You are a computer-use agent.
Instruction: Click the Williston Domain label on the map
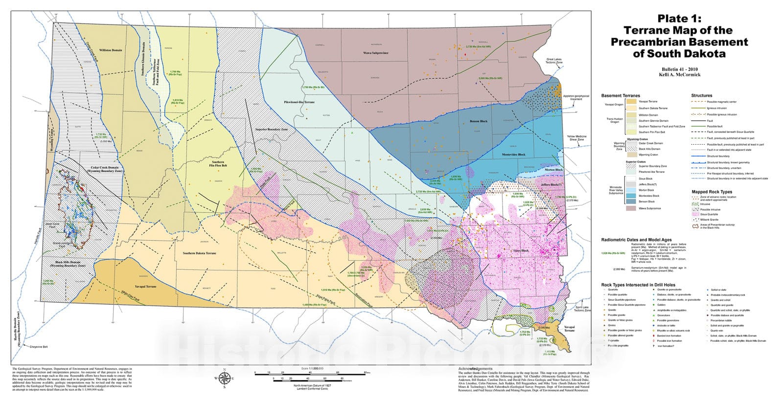[x=111, y=50]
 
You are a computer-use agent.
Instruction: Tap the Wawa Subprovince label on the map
[x=375, y=53]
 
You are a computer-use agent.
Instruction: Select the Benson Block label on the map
[x=478, y=121]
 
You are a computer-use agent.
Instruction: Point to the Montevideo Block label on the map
[x=513, y=155]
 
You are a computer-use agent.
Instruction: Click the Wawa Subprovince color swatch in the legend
[x=631, y=208]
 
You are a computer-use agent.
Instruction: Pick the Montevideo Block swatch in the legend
[x=631, y=196]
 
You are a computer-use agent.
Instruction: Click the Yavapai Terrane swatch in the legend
[x=631, y=101]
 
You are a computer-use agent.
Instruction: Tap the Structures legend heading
[x=702, y=95]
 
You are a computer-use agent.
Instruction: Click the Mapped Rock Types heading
[x=712, y=192]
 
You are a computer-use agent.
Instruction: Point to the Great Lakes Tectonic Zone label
[x=554, y=61]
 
